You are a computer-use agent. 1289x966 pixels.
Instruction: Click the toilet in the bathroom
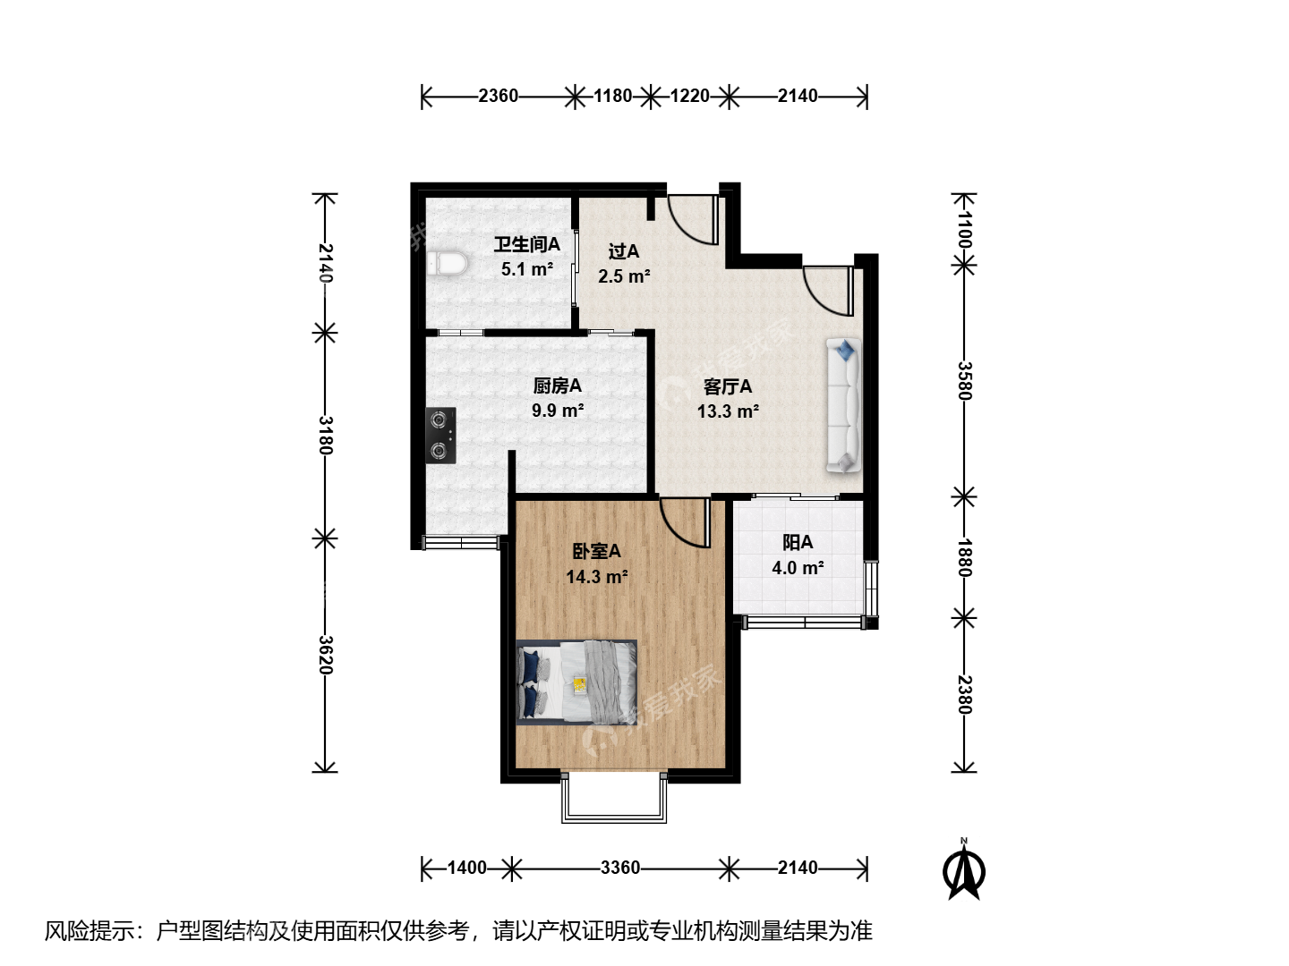tap(448, 264)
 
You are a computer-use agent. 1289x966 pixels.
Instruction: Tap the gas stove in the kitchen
tap(441, 436)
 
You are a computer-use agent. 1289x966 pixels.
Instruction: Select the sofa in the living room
tap(844, 404)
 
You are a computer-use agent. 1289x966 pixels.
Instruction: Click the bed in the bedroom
tap(576, 681)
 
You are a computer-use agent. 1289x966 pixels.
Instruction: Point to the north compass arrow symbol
tap(964, 870)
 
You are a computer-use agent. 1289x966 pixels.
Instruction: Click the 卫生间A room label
tap(526, 244)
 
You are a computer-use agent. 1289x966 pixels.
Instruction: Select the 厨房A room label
tap(557, 386)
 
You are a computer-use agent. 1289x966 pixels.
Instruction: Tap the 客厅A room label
tap(728, 386)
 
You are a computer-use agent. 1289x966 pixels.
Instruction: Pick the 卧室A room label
tap(596, 551)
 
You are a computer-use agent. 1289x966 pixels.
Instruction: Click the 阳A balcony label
tap(798, 543)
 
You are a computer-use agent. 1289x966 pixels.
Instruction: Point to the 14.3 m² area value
tap(597, 577)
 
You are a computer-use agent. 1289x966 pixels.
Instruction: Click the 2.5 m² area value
tap(624, 276)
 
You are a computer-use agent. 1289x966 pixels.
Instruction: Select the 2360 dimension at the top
tap(498, 96)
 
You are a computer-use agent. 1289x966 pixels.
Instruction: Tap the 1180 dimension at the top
tap(612, 96)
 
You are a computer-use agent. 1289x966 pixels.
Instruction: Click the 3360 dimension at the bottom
tap(620, 868)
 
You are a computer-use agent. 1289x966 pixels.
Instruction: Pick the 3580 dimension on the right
tap(965, 381)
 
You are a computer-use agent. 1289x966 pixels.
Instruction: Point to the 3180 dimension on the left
tap(326, 436)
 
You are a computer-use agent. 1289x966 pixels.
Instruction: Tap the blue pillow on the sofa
tap(846, 350)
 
